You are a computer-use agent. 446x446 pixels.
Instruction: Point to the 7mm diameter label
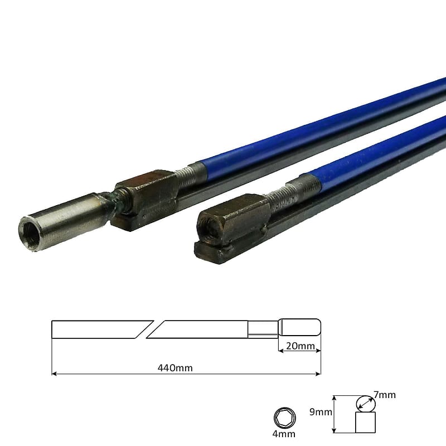pos(384,395)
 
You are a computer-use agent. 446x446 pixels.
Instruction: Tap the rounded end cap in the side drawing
pos(301,327)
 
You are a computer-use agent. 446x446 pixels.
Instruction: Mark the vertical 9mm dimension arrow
pos(333,414)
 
